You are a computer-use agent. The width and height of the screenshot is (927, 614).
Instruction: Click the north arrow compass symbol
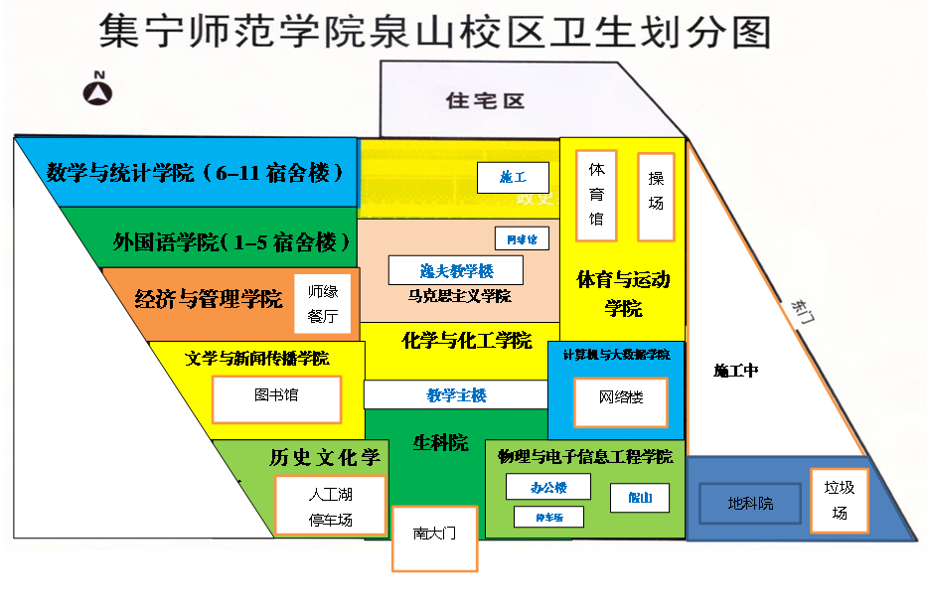(x=97, y=90)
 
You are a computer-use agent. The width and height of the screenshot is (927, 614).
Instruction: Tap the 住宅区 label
(x=484, y=101)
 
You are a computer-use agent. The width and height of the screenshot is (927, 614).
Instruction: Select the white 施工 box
(x=513, y=178)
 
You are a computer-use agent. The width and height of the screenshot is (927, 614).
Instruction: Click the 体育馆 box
(x=596, y=195)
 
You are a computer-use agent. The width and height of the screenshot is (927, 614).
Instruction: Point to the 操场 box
(x=656, y=196)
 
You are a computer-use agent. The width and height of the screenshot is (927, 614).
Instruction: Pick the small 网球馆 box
(x=522, y=238)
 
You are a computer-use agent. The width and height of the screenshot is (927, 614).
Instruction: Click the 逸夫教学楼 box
(x=456, y=270)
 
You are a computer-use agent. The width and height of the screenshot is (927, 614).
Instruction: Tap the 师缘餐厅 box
(x=323, y=304)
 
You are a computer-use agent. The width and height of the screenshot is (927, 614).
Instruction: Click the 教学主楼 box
(x=456, y=395)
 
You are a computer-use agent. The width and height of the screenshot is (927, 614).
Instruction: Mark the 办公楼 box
(x=548, y=487)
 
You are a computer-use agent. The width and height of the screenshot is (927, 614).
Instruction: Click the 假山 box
(x=639, y=498)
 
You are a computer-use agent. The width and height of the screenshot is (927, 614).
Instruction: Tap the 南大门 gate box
(x=434, y=537)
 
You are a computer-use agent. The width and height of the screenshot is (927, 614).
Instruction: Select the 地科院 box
(x=750, y=504)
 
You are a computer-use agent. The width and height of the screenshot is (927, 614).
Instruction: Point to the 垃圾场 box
(x=840, y=500)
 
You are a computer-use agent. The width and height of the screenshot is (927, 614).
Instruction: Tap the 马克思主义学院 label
(x=458, y=296)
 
